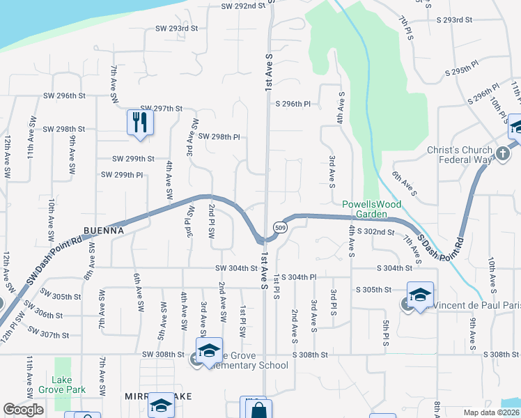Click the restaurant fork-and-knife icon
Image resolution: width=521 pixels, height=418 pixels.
coord(141,122)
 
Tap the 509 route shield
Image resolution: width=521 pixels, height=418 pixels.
coord(279,228)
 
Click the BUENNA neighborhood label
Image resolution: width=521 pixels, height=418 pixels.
coord(104,230)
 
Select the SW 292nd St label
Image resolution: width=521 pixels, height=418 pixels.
coord(244,6)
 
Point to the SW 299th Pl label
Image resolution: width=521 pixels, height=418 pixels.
coord(122,175)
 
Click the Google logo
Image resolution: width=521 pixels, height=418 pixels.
coord(23,410)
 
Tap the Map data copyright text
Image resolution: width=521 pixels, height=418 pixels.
coord(491,412)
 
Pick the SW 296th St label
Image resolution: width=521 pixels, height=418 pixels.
coord(64,95)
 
